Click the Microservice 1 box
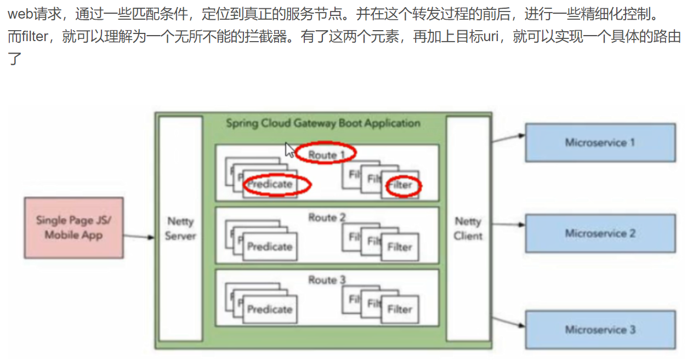[600, 142]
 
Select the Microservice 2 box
[600, 233]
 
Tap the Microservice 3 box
[600, 329]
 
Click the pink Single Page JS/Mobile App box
[73, 227]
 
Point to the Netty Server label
[180, 228]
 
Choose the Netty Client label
[468, 228]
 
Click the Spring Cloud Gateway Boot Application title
[323, 123]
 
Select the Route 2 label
[327, 218]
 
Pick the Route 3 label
[327, 280]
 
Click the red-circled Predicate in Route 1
[270, 185]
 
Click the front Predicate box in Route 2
[270, 247]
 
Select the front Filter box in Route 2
[400, 247]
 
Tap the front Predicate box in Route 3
[270, 310]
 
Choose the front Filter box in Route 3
[400, 310]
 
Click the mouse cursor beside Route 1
[289, 149]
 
